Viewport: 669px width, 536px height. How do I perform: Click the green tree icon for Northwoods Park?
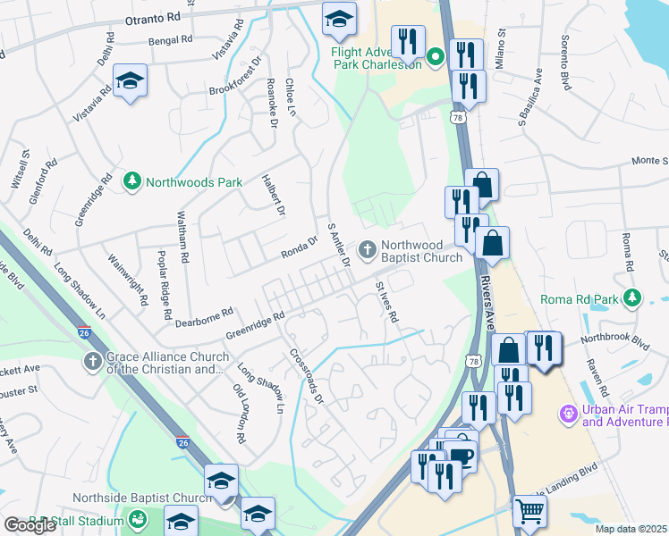tap(132, 181)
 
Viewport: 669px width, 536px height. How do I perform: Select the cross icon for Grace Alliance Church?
tap(92, 361)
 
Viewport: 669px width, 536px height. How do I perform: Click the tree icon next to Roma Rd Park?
tap(633, 296)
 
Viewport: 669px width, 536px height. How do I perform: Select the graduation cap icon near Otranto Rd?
tap(339, 18)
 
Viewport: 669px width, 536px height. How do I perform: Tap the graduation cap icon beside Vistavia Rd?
tap(131, 81)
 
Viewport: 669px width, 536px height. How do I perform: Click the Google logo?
tap(30, 525)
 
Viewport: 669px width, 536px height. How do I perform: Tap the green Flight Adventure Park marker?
tap(436, 58)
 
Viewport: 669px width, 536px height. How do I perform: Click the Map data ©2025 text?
tap(631, 529)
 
